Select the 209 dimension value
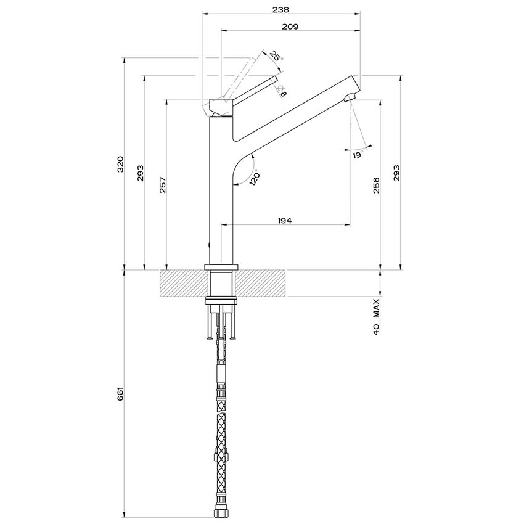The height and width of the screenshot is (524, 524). [x=290, y=27]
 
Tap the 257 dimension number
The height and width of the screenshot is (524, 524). [x=162, y=184]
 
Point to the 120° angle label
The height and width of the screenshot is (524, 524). [x=254, y=176]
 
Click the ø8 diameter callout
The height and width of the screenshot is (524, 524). [x=282, y=92]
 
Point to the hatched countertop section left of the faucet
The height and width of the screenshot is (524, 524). [x=184, y=284]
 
